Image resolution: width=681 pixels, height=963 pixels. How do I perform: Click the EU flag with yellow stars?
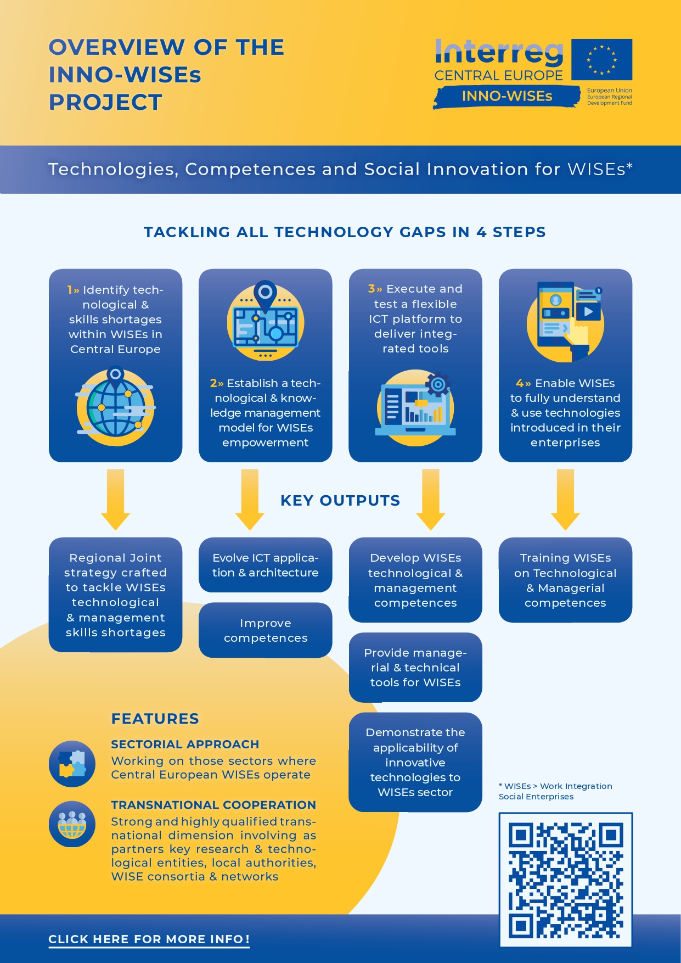click(601, 59)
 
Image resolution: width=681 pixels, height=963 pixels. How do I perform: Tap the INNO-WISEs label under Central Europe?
click(506, 97)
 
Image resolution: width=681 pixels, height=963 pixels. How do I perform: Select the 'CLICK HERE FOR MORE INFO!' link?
click(149, 939)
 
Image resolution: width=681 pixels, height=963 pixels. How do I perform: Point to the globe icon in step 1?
click(115, 406)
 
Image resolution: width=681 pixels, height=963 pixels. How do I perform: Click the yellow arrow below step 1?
click(115, 500)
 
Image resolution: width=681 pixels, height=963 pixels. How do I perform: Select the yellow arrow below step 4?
click(565, 500)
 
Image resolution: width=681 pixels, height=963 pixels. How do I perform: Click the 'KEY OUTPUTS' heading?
click(340, 501)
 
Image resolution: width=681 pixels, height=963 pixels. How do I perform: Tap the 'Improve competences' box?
click(266, 630)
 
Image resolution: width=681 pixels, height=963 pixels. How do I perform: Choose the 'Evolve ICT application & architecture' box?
click(266, 565)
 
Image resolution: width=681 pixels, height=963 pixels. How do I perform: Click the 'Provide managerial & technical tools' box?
click(415, 668)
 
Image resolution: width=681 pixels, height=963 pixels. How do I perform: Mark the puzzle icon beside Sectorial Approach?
click(72, 764)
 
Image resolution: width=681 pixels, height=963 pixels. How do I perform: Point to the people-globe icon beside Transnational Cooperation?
click(72, 824)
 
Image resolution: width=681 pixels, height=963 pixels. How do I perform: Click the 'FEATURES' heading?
click(155, 719)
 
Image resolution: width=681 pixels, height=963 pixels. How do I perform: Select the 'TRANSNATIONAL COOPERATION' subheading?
click(213, 805)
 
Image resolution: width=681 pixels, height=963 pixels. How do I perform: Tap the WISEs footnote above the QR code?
click(555, 791)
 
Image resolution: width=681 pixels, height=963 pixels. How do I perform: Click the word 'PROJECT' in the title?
click(105, 103)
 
